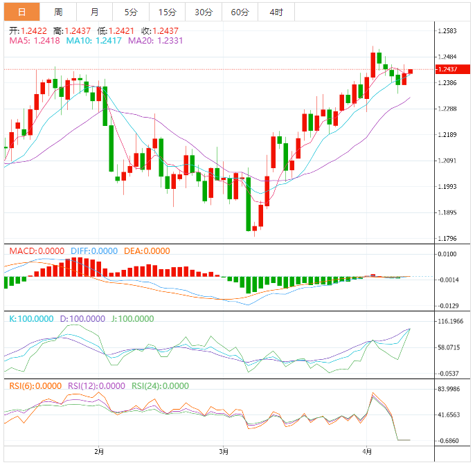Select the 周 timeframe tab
(58, 12)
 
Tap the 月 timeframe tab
(94, 12)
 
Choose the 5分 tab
(131, 12)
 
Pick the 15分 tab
(167, 12)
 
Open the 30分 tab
(204, 12)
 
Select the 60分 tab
(240, 12)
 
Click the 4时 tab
(276, 12)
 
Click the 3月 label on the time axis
(224, 452)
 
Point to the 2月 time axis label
(99, 452)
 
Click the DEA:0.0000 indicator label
(147, 250)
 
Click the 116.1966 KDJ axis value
(450, 322)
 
